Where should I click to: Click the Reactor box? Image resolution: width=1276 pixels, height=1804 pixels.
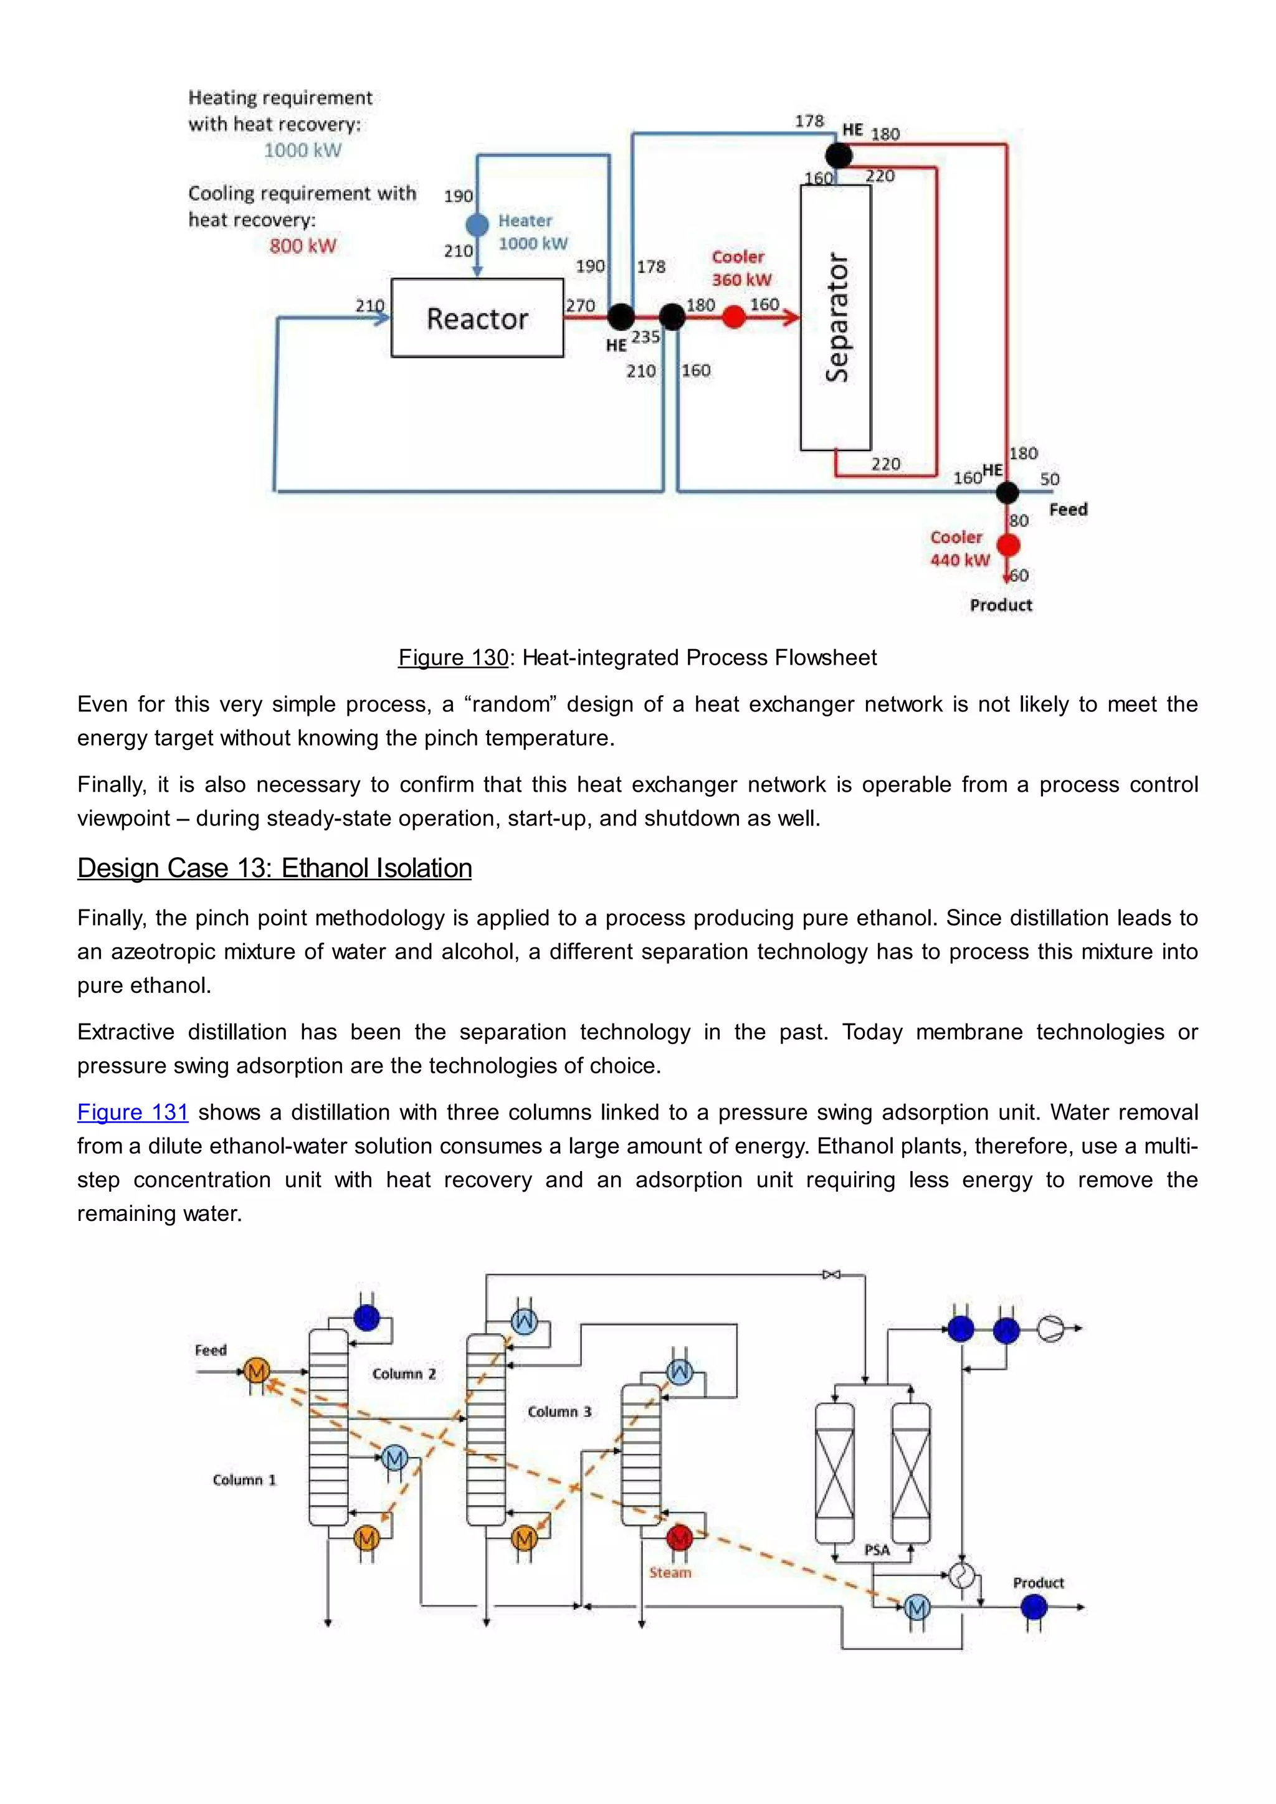477,318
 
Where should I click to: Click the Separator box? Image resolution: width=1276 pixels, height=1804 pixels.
836,318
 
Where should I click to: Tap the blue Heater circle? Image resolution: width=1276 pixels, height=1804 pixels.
477,225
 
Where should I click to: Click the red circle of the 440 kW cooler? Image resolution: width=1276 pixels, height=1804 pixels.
1008,544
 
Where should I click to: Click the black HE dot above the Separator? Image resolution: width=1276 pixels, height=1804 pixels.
839,156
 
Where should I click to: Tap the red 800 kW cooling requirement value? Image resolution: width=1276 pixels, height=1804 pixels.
303,246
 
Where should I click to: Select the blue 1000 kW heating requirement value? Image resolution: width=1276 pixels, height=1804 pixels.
303,150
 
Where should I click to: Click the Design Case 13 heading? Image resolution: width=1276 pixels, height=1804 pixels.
274,868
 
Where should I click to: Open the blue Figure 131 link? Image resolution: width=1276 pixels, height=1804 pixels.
133,1112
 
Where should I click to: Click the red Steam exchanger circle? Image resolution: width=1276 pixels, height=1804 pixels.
679,1537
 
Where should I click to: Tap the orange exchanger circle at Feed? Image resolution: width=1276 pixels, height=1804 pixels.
256,1371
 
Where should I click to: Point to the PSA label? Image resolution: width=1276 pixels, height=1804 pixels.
877,1550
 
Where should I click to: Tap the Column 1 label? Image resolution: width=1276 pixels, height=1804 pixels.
244,1479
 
